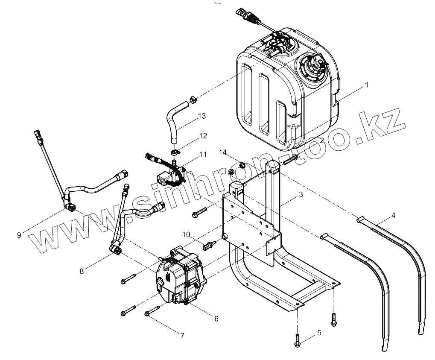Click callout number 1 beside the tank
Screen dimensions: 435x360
pos(366,85)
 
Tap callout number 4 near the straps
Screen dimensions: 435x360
pos(393,215)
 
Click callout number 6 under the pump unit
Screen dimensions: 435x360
pos(216,319)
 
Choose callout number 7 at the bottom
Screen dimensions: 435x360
pos(182,336)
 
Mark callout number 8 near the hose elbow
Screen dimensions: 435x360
pos(81,270)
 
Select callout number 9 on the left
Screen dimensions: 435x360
pos(19,234)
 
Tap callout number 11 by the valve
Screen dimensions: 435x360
pos(202,154)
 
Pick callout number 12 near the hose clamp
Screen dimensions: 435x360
pos(203,136)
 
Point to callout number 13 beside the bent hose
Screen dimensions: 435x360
pos(202,116)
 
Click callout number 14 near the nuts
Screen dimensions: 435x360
pos(223,152)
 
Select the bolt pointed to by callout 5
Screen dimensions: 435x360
pos(298,340)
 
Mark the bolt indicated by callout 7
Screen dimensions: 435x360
pos(152,310)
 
